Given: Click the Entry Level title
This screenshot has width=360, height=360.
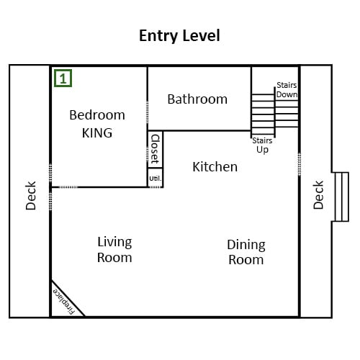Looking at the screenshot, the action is pos(179,36).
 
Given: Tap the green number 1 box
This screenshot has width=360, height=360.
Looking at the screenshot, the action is pos(63,78).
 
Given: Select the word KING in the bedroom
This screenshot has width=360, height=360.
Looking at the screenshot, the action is pos(97,133).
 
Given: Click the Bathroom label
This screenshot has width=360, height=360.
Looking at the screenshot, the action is pos(197,99).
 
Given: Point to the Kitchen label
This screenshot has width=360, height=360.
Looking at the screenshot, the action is pos(215,167).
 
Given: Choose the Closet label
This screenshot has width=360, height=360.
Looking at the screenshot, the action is pos(155,149).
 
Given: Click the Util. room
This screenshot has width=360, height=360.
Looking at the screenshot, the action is pos(156,178).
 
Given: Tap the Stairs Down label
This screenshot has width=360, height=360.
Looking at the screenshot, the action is pos(287,90).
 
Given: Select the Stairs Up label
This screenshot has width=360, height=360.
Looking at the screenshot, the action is pos(262,145).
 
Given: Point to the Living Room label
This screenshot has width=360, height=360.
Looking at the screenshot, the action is pos(114,250).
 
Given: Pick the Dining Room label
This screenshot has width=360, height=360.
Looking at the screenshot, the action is pos(246,252).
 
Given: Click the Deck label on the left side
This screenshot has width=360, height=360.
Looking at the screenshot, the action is pos(31,196).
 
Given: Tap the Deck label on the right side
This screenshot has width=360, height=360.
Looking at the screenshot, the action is pos(318,195).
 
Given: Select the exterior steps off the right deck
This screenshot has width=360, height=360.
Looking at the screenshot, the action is pos(341,197).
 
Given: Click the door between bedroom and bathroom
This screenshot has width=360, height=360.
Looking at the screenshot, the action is pos(148,112).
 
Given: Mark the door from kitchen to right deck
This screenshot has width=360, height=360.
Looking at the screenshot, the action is pos(300,164).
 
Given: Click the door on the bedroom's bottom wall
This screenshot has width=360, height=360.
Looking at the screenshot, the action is pos(68,187).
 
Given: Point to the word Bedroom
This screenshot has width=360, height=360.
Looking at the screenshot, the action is pos(97,115).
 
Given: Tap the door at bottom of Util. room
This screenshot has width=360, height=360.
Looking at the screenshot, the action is pos(156,187).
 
